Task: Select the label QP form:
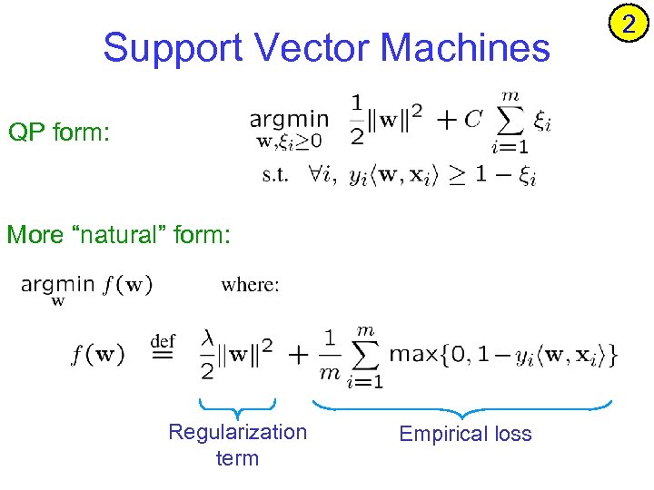59,134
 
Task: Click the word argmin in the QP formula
289,119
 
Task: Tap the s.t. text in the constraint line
275,175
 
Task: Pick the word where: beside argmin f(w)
250,285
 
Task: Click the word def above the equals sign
162,341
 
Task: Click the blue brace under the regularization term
236,407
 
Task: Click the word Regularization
237,432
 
